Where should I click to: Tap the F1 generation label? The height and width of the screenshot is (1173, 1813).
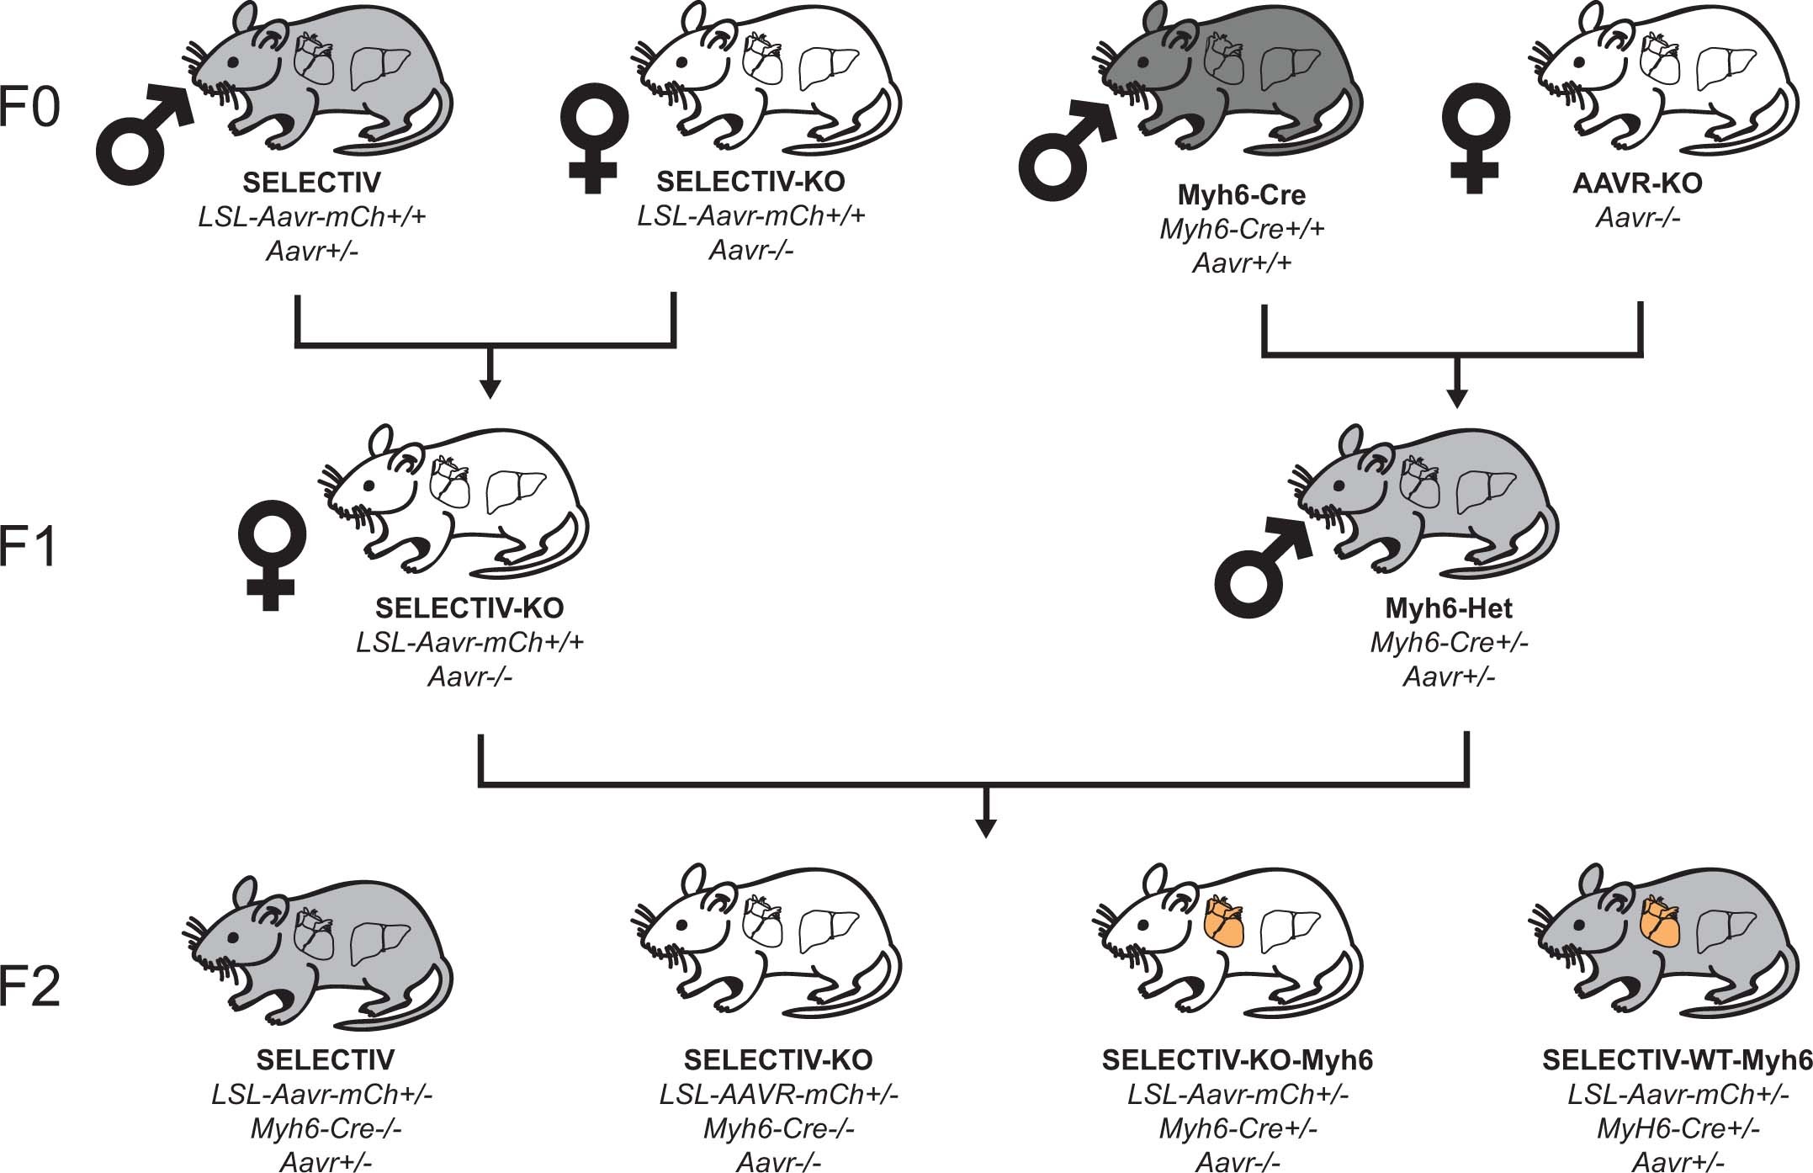(29, 547)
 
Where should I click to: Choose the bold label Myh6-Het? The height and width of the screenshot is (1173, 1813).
(1449, 608)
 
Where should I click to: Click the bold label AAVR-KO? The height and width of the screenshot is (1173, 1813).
(1637, 183)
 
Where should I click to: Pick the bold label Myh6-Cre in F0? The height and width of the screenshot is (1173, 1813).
(1241, 194)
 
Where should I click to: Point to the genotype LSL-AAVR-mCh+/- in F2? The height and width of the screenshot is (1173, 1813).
(778, 1095)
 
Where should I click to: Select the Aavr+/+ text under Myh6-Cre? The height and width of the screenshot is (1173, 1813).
(1242, 263)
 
